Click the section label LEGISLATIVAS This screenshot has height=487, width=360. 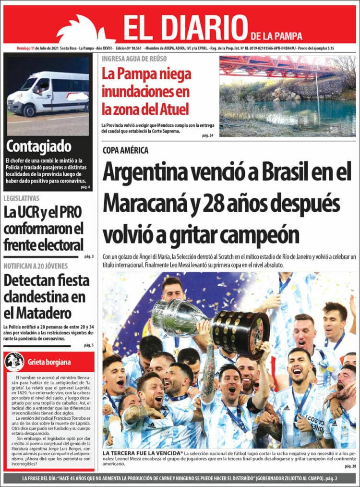[x=22, y=198]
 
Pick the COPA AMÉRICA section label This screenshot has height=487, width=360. [x=125, y=150]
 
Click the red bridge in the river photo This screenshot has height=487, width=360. [x=274, y=67]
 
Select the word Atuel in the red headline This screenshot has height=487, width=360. [x=176, y=109]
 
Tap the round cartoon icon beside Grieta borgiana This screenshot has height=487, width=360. [x=14, y=362]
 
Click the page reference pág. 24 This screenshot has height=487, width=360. [x=207, y=136]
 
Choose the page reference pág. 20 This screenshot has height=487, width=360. [x=350, y=466]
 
